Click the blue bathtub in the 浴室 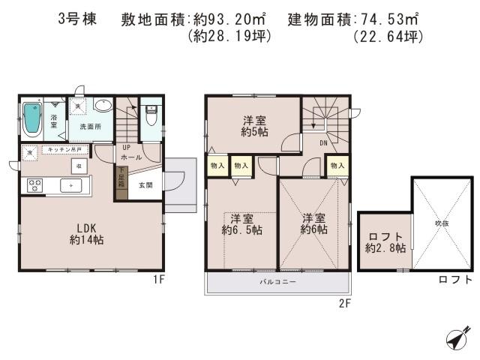pyautogui.click(x=32, y=118)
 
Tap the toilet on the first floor pyautogui.click(x=151, y=117)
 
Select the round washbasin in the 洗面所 pyautogui.click(x=104, y=106)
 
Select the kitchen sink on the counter pyautogui.click(x=73, y=184)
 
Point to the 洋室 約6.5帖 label pyautogui.click(x=241, y=224)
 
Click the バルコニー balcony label pyautogui.click(x=278, y=282)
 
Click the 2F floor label pyautogui.click(x=344, y=303)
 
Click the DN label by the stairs pyautogui.click(x=322, y=143)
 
